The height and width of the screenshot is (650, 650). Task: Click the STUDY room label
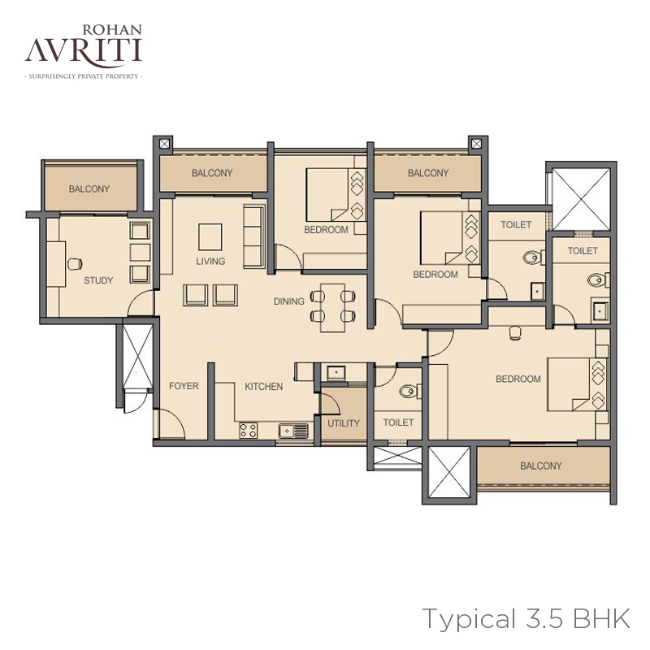coord(98,280)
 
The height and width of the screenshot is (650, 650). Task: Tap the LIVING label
coord(210,261)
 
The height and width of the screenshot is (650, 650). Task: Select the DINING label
coord(289,301)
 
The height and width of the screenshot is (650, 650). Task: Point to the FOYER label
coord(184,386)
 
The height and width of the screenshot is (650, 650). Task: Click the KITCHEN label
coord(263,387)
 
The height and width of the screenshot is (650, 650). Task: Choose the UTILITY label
coord(344,423)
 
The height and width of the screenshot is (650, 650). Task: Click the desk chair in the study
coord(75,263)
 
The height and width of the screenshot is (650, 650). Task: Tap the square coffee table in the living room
coord(210,237)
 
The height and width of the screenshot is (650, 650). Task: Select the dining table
coord(333,308)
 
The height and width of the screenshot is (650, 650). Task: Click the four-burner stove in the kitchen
coord(249,431)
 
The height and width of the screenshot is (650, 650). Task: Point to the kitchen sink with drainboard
coord(293,431)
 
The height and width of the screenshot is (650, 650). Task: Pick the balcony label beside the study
coord(89,189)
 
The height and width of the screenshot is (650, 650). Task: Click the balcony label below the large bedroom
coord(541,466)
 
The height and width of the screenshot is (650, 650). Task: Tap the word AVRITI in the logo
coord(84,50)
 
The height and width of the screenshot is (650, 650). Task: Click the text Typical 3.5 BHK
coord(526,619)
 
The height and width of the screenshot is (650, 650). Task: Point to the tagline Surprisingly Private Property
coord(84,76)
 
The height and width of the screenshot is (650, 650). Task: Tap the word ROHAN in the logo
coord(112,30)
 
